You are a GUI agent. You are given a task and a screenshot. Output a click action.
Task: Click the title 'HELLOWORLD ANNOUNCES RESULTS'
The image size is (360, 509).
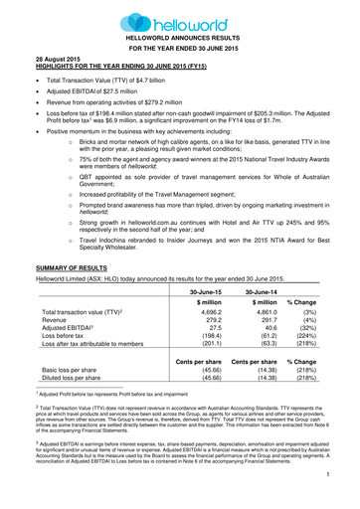click(x=180, y=37)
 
